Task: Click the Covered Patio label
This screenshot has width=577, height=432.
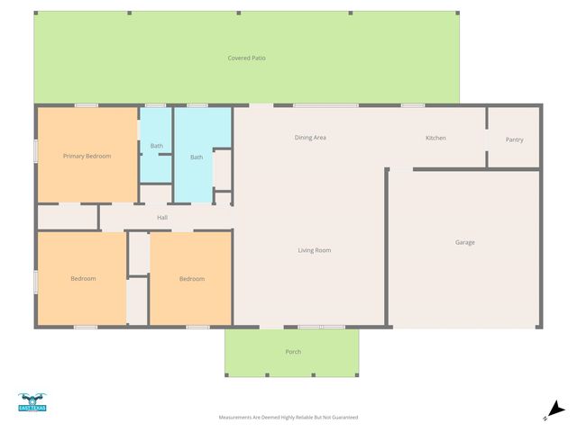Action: (x=246, y=58)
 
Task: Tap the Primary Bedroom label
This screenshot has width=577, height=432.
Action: (x=87, y=157)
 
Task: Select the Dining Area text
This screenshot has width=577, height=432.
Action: (x=309, y=138)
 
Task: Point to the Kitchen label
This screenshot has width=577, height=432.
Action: (x=435, y=138)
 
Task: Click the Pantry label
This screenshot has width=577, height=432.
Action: (x=514, y=139)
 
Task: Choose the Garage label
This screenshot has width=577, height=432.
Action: (x=464, y=242)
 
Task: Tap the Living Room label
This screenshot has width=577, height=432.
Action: (x=315, y=250)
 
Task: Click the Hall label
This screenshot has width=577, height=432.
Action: (x=162, y=217)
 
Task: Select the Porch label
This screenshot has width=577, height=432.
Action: (x=293, y=352)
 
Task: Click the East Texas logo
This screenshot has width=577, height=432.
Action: (x=32, y=402)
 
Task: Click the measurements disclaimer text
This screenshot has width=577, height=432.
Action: (x=288, y=418)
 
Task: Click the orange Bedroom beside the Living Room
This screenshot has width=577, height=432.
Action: (x=191, y=279)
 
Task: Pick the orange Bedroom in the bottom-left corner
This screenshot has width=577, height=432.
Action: (x=83, y=279)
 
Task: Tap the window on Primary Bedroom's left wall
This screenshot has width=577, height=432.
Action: (x=36, y=150)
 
